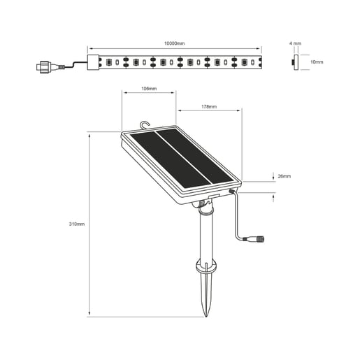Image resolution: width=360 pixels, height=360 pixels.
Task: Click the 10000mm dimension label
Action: [x=174, y=43]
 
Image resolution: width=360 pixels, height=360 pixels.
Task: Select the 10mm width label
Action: [x=317, y=62]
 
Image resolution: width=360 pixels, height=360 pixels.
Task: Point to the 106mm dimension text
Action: [x=147, y=89]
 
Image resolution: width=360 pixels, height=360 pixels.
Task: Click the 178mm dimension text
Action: [x=208, y=107]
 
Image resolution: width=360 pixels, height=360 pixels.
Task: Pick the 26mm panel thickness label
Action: [x=284, y=175]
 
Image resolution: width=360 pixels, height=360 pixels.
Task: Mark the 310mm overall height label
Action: [x=77, y=224]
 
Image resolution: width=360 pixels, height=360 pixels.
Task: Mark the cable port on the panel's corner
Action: [x=231, y=189]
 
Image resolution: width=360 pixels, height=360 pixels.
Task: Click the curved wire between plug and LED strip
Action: [x=70, y=66]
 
